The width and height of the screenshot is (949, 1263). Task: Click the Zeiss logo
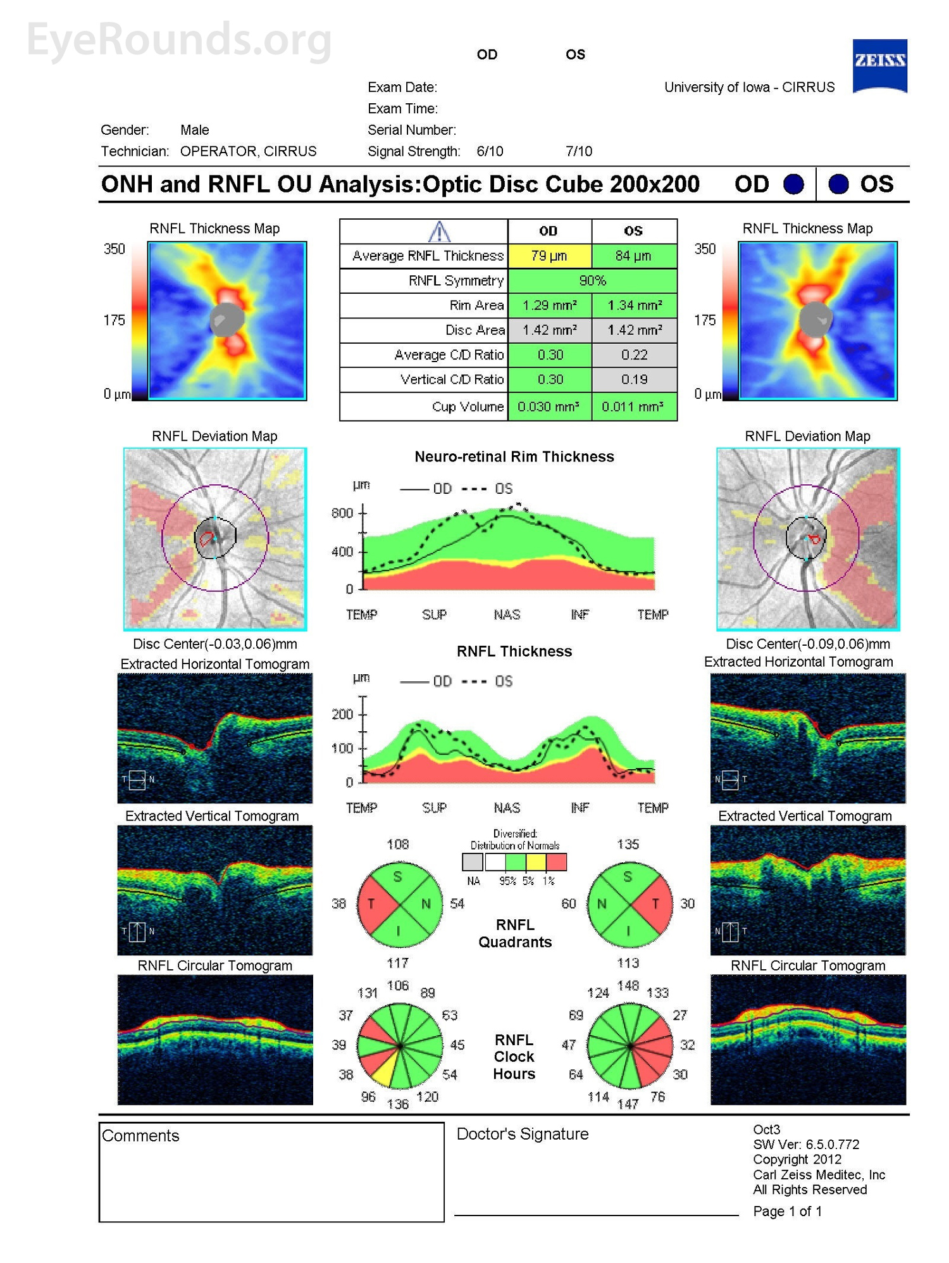pos(879,65)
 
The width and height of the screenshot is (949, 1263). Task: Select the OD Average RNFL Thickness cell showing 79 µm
pos(549,256)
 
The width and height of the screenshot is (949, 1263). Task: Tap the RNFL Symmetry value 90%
pos(592,280)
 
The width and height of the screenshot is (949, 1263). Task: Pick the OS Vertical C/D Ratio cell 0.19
pos(634,379)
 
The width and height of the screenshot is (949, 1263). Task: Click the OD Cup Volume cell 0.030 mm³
pos(549,406)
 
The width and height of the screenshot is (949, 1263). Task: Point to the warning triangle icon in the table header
pos(439,232)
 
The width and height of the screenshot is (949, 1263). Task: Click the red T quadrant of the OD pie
pos(373,904)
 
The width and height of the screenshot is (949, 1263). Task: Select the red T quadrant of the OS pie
pos(656,904)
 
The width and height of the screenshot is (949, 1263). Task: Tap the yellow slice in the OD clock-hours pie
pos(384,1074)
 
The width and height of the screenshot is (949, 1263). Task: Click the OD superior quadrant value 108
pos(398,845)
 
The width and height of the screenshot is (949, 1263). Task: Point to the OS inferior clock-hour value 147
pos(628,1104)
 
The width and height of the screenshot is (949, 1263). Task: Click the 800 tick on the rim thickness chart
pos(342,513)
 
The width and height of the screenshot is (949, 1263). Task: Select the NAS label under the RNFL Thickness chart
pos(507,808)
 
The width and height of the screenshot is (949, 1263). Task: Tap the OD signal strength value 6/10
pos(490,151)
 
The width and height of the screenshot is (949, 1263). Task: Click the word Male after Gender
pos(194,130)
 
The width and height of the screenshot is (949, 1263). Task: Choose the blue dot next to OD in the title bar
pos(793,184)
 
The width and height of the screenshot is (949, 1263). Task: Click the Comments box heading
pos(140,1136)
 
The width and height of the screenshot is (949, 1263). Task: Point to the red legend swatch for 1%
pos(556,862)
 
